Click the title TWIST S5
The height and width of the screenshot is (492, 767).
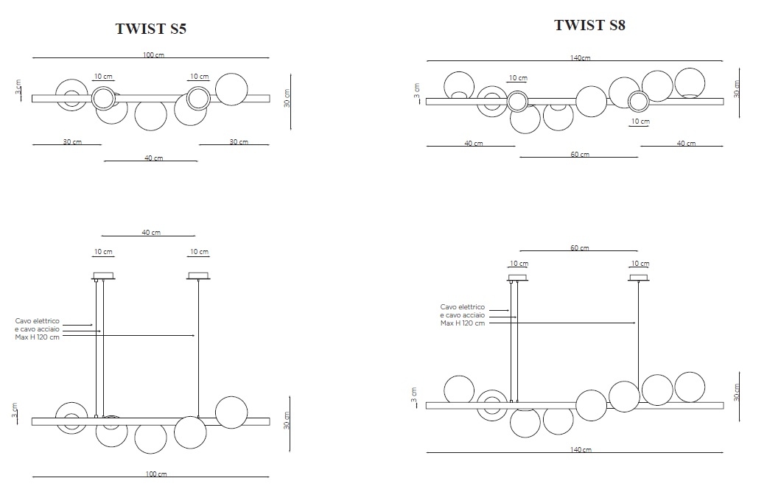click(x=150, y=29)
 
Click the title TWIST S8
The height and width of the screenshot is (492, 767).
click(x=589, y=25)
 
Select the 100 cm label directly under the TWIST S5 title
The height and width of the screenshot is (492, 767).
click(x=153, y=55)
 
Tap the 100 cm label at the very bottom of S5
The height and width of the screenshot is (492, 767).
click(x=156, y=474)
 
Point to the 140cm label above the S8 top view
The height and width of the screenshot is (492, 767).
click(x=580, y=57)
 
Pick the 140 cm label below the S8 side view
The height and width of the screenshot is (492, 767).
click(x=581, y=449)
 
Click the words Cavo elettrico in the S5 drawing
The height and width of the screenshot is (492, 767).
click(x=37, y=321)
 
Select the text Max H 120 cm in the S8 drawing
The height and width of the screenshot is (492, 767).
click(x=462, y=323)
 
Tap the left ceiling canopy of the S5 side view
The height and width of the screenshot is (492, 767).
click(x=103, y=276)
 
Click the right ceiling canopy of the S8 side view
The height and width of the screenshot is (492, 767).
click(x=639, y=278)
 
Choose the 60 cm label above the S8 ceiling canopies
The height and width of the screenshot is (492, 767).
click(x=580, y=248)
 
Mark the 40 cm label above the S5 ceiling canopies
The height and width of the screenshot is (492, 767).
click(x=151, y=232)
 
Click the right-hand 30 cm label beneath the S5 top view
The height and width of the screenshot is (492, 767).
click(x=239, y=142)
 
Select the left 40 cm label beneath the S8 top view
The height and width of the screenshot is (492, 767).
click(x=474, y=144)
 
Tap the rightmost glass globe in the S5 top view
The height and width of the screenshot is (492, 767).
click(x=231, y=90)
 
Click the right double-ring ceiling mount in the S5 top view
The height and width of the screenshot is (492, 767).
click(x=199, y=98)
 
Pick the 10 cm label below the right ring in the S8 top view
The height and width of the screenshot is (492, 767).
click(x=640, y=122)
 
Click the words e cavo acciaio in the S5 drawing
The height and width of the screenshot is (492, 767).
click(x=37, y=329)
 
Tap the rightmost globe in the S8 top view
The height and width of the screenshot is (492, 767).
click(x=690, y=83)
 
